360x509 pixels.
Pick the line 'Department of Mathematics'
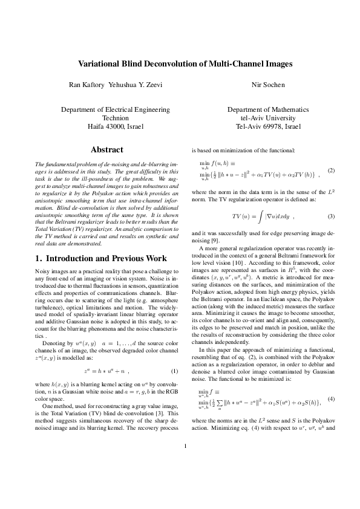pyautogui.click(x=267, y=110)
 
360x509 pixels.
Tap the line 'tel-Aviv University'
pyautogui.click(x=267, y=118)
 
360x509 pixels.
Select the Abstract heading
pyautogui.click(x=106, y=149)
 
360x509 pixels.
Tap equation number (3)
pyautogui.click(x=331, y=216)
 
